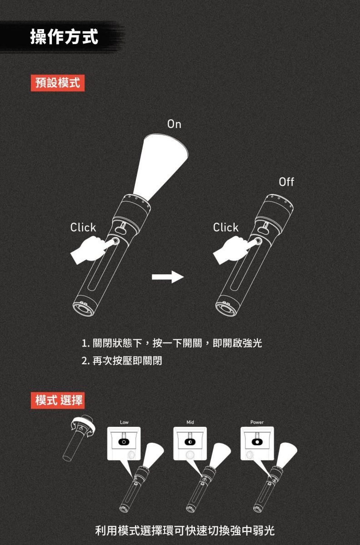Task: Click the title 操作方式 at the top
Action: coord(64,36)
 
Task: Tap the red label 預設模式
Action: coord(57,83)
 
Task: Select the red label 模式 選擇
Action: coord(58,400)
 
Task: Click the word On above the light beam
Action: coord(174,124)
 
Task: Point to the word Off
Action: coord(286,182)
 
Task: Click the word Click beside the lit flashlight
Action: coord(83,228)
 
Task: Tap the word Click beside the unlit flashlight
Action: coord(226,228)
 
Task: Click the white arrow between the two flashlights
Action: coord(168,277)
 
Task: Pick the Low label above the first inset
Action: coord(124,422)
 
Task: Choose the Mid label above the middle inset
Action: coord(190,422)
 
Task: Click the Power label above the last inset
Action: coord(257,422)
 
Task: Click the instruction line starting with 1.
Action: coord(172,343)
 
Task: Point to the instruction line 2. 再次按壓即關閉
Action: coord(122,361)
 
